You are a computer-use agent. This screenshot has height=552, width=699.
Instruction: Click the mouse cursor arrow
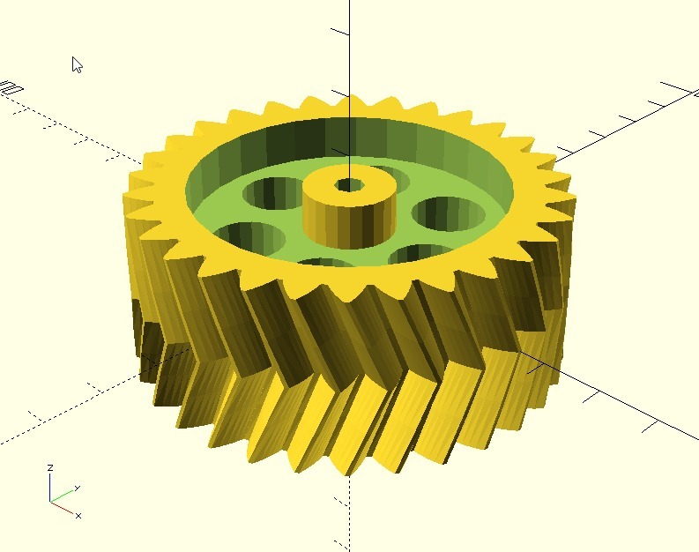point(77,64)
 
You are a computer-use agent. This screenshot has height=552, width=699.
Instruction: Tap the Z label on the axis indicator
point(51,467)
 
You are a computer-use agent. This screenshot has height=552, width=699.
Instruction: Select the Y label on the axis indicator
point(78,488)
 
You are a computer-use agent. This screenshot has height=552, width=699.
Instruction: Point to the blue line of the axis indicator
point(51,488)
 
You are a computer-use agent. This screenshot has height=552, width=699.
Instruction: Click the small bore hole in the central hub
point(349,185)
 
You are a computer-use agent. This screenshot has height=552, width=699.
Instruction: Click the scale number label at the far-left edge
point(11,88)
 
